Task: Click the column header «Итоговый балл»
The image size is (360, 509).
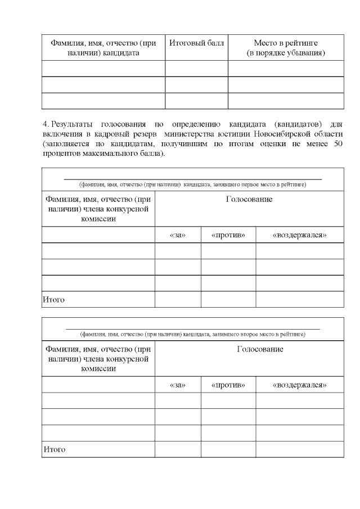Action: (196, 43)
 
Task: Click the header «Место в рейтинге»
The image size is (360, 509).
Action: (286, 43)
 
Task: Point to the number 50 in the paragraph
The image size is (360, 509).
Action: (338, 143)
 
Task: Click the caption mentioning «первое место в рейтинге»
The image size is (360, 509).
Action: (193, 184)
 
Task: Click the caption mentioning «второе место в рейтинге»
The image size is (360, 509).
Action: (193, 334)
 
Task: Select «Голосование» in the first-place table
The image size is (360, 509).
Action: (249, 200)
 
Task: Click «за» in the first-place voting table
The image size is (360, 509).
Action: (177, 235)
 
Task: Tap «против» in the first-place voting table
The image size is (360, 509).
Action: (228, 235)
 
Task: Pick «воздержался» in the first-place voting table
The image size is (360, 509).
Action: (299, 235)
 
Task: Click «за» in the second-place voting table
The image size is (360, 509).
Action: (177, 385)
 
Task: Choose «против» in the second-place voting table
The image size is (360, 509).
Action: (228, 385)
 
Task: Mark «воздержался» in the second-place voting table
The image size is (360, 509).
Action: (299, 385)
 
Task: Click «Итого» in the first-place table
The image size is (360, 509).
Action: (54, 300)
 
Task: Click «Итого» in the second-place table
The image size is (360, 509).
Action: (54, 449)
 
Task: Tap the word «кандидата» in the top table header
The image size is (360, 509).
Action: (121, 53)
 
